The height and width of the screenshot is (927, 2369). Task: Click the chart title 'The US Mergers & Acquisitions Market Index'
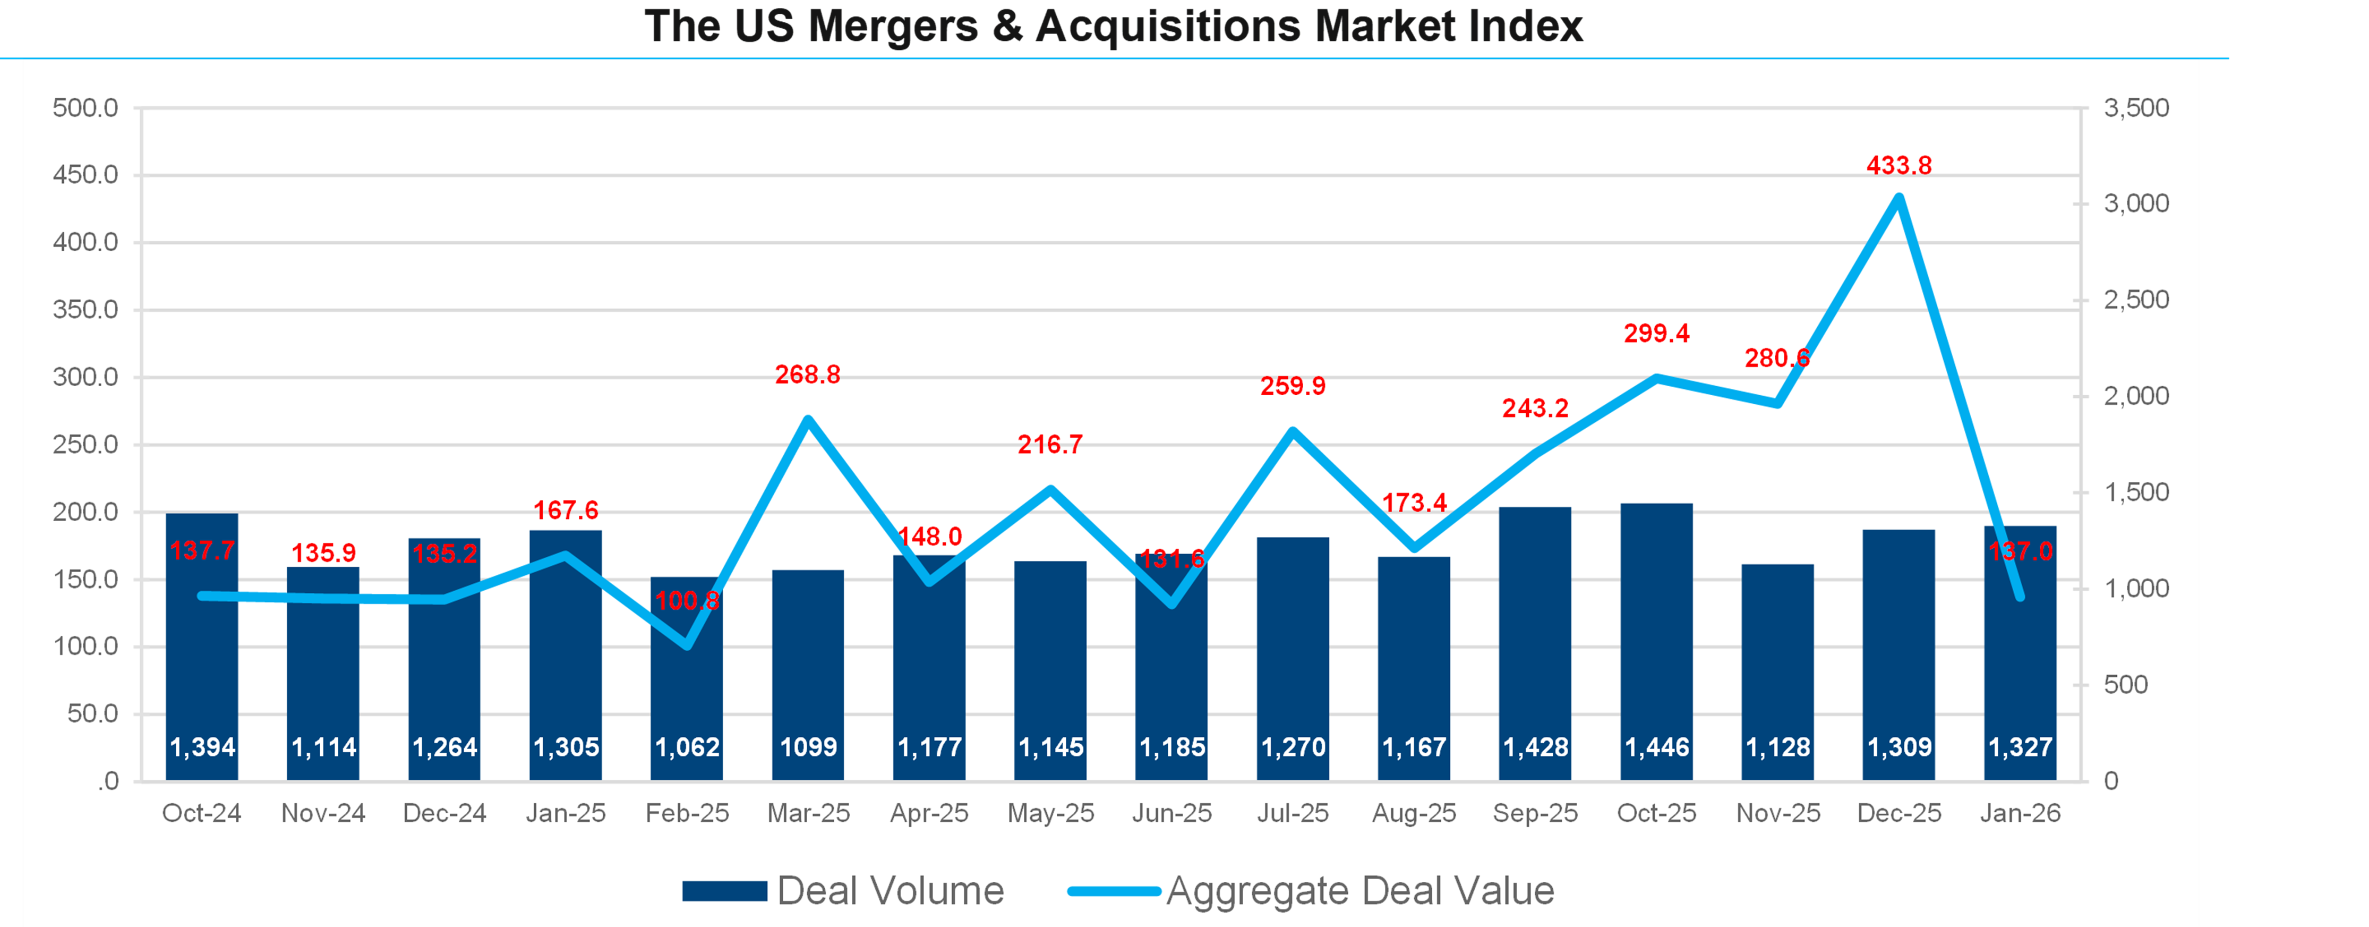[x=1113, y=25]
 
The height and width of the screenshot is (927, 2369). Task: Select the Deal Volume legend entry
[x=843, y=890]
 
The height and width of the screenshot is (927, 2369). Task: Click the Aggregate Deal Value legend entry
[x=1311, y=890]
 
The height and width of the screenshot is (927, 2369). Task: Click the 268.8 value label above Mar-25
[x=807, y=375]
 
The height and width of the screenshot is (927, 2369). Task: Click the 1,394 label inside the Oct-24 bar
[x=202, y=747]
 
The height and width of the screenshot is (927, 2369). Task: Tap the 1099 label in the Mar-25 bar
[x=808, y=747]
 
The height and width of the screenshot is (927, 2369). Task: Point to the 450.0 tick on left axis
[x=85, y=175]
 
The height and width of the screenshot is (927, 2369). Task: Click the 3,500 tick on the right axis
[x=2135, y=108]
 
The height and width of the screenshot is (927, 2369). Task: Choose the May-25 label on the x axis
[x=1050, y=813]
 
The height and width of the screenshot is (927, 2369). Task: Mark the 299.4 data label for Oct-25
[x=1656, y=333]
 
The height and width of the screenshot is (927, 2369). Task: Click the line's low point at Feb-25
[x=687, y=645]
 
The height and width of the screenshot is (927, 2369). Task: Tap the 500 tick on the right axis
[x=2125, y=684]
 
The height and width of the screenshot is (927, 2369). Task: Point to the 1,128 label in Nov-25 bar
[x=1777, y=747]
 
